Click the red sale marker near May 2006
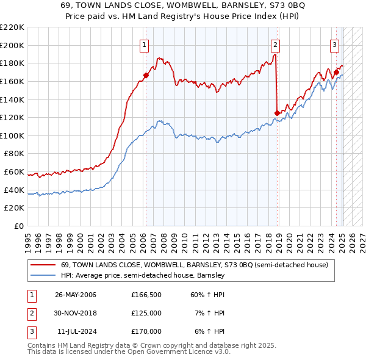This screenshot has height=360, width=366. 146,76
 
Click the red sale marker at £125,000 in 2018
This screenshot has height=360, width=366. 278,113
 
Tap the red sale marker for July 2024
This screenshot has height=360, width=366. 336,72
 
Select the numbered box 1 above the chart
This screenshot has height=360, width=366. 144,44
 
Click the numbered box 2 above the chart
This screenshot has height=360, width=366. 275,44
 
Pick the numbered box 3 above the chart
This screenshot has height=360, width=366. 335,44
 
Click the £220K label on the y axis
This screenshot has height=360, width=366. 13,27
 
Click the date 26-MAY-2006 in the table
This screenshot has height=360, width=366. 76,295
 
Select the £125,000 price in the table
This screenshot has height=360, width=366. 146,313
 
